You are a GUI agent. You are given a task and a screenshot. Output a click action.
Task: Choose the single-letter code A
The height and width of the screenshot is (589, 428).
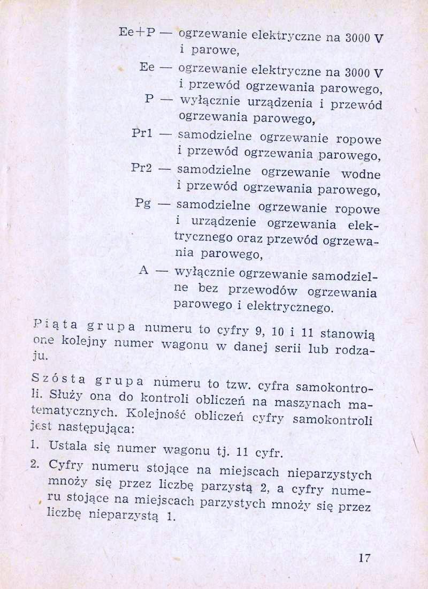(x=143, y=270)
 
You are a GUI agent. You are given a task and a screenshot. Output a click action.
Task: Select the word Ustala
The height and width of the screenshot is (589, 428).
(x=66, y=445)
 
